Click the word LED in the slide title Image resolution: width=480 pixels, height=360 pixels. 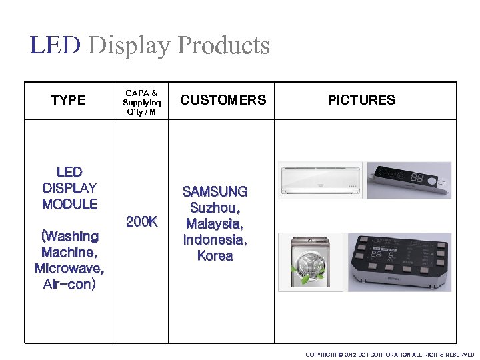pos(55,45)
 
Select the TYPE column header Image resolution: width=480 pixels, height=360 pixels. pos(68,100)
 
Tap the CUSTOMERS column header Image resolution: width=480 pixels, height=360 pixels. pos(223,100)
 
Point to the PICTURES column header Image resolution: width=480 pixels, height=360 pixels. pos(361,100)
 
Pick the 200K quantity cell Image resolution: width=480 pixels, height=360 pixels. pos(141,221)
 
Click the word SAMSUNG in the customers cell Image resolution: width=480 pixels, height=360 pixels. pos(215,192)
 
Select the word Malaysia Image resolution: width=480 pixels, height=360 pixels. pos(215,224)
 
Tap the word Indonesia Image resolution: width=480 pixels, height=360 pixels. pos(215,240)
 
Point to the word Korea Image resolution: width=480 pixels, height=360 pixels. pos(215,256)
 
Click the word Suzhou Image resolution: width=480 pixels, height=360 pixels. pos(215,208)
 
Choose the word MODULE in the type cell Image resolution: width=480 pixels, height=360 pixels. pos(69,204)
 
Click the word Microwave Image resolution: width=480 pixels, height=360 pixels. pos(69,269)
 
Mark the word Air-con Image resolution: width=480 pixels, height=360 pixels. pos(69,285)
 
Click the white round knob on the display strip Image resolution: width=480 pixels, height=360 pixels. pos(433,181)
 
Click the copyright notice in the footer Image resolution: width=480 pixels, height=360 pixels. pos(389,355)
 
